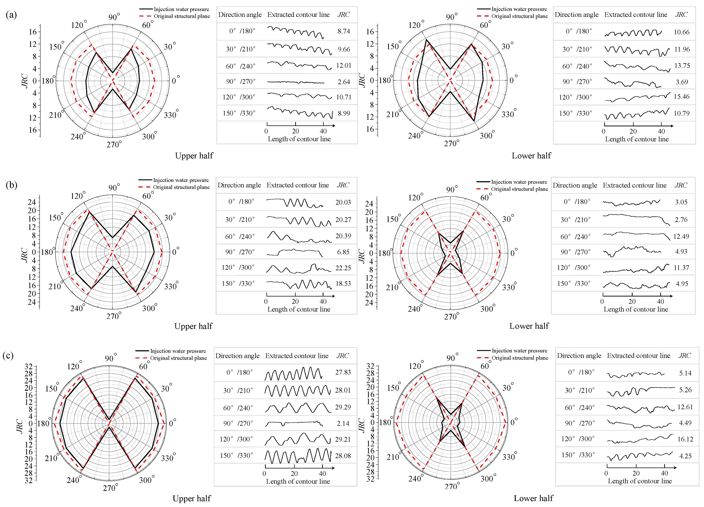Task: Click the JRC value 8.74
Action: click(344, 31)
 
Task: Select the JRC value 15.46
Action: click(681, 97)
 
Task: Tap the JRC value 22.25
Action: click(343, 268)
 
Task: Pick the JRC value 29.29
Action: click(343, 407)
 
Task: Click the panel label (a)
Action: click(11, 15)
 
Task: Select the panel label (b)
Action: click(11, 185)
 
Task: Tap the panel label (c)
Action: click(8, 355)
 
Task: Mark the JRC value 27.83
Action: click(343, 372)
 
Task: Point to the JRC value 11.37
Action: click(681, 268)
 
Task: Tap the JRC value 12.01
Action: click(344, 66)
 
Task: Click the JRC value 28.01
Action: click(343, 390)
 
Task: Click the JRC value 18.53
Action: click(343, 284)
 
